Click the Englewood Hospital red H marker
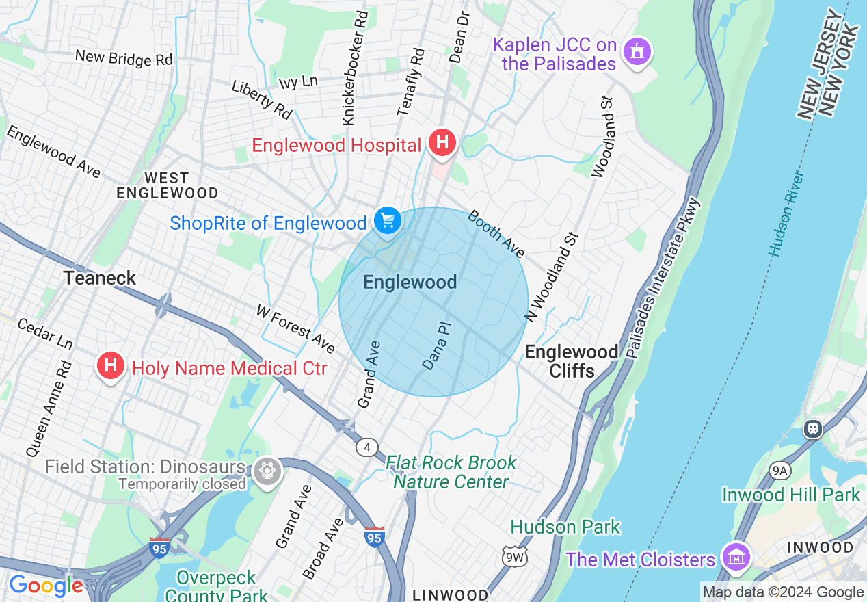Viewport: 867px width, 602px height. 442,144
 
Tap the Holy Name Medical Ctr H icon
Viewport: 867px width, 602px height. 110,367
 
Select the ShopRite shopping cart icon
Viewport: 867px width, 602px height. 388,222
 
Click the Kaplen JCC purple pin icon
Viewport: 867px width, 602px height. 637,51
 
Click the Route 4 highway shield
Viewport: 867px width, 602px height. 367,447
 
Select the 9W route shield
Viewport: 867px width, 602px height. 515,557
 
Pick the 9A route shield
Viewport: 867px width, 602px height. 779,470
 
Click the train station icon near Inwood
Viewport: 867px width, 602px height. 812,429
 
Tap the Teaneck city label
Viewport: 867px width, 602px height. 100,278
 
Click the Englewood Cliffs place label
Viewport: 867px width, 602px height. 572,361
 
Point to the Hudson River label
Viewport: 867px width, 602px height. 786,214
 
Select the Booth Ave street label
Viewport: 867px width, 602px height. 496,235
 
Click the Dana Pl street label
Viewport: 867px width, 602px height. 437,346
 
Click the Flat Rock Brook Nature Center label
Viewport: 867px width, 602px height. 451,472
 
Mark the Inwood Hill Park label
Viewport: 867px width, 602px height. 791,495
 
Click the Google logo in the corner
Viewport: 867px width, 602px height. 46,586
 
